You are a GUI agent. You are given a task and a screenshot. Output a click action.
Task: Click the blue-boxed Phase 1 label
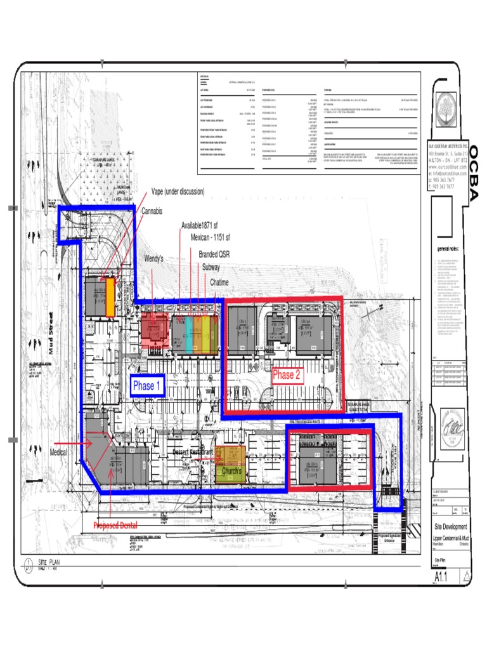coord(147,386)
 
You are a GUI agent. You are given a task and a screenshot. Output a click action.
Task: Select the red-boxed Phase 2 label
coord(287,375)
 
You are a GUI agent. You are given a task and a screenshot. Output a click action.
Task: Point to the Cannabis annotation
coord(152,210)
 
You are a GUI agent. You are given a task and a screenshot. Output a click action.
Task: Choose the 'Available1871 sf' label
coord(200,225)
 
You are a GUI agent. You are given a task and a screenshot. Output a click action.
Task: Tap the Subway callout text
coord(211,267)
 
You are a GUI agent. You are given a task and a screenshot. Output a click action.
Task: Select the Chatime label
coord(219,282)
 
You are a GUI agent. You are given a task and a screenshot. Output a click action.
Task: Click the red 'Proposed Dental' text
coord(115,526)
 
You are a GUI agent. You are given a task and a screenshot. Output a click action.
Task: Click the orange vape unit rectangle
coord(110,297)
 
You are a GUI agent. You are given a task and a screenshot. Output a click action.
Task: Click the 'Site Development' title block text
coord(451,527)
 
